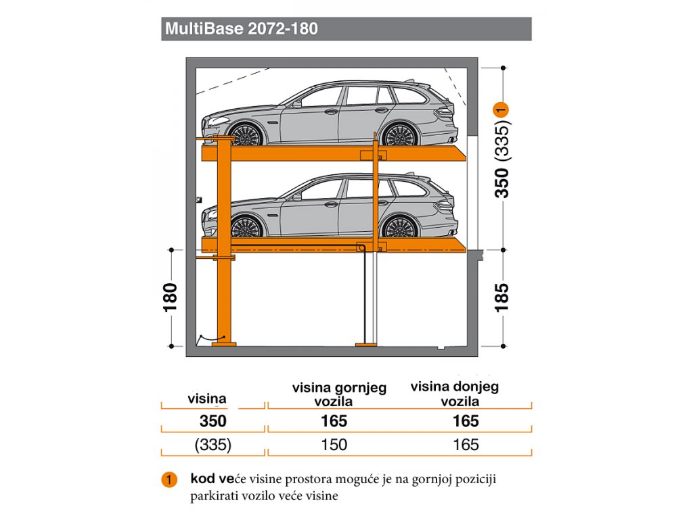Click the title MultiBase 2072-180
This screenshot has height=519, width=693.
[242, 28]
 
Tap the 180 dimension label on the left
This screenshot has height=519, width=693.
[170, 298]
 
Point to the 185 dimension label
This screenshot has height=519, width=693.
[501, 298]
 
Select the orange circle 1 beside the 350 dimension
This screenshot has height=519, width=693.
[501, 109]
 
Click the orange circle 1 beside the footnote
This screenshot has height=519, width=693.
[169, 480]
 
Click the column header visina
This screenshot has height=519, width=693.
[207, 399]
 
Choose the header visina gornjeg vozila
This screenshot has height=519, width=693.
[339, 395]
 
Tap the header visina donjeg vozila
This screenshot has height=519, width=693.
[455, 394]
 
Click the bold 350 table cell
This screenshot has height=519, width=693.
[213, 421]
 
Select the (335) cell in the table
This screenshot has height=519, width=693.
[213, 445]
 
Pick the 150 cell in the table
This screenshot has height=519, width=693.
[334, 445]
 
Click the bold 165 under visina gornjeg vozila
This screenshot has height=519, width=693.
[334, 421]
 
